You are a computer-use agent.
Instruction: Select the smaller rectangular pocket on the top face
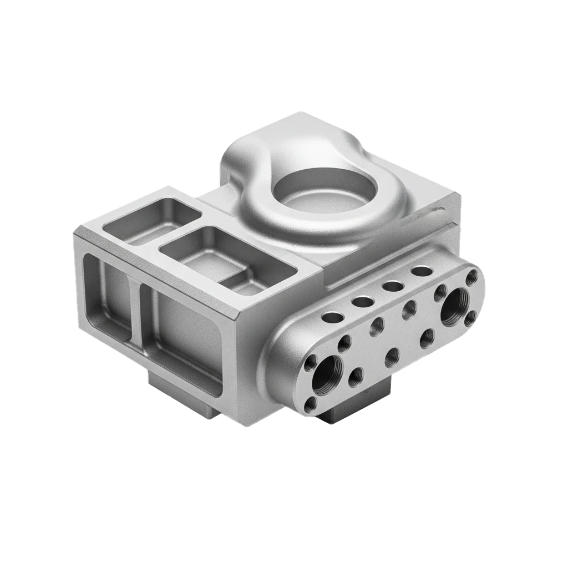pos(151,221)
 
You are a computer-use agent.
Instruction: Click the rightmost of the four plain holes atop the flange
pos(422,271)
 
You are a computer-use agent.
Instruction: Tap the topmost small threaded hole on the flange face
pos(472,277)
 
